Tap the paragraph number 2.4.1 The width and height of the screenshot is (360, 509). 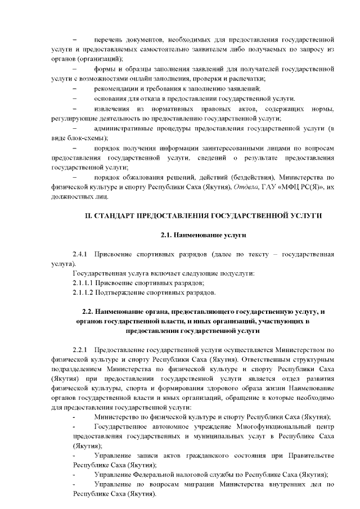coord(82,254)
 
